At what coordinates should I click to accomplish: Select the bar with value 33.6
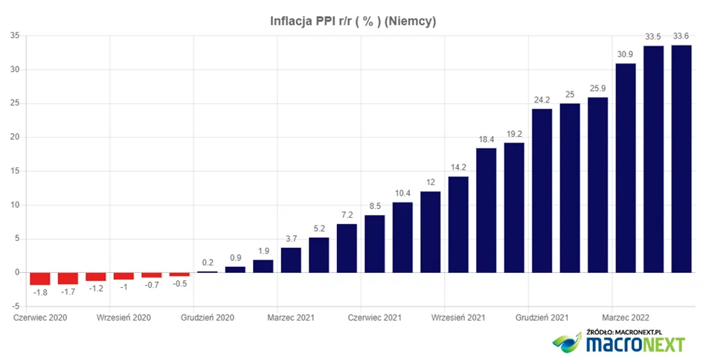(681, 158)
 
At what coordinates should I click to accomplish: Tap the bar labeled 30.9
(626, 168)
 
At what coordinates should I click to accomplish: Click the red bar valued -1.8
(40, 278)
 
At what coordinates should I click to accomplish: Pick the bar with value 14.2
(458, 225)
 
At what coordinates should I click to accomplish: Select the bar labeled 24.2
(542, 190)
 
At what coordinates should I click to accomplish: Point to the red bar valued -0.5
(179, 274)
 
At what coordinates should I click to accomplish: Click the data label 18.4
(486, 139)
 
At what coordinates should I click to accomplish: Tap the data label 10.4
(402, 193)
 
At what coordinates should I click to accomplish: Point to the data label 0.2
(208, 263)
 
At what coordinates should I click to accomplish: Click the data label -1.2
(95, 289)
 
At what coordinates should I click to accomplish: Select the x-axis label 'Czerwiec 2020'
(40, 318)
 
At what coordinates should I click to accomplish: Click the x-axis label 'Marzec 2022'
(626, 318)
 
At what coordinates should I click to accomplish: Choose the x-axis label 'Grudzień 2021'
(542, 318)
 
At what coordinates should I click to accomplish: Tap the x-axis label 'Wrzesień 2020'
(123, 318)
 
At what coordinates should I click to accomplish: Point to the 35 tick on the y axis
(15, 36)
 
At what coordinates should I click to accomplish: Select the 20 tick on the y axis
(15, 137)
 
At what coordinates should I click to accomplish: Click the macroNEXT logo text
(635, 344)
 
